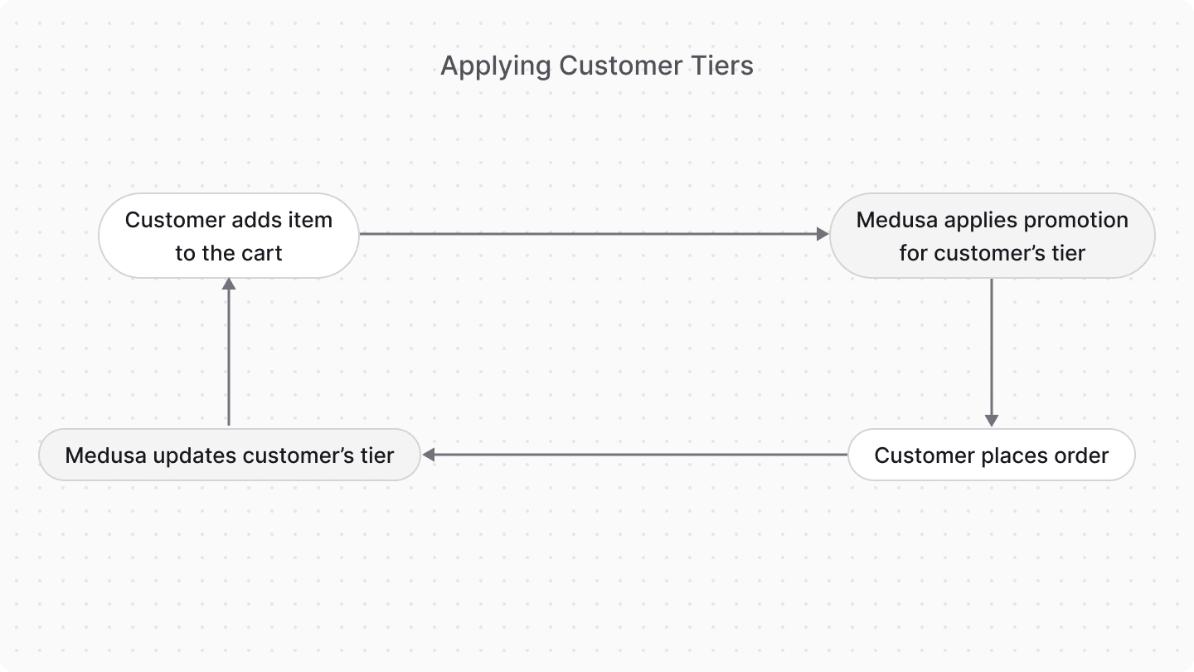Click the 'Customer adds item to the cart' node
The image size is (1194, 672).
pos(229,236)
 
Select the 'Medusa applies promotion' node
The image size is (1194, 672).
pos(992,236)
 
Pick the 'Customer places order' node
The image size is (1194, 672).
pos(991,455)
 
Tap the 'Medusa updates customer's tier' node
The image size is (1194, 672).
pos(229,455)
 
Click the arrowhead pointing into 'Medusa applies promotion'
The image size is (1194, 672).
pos(823,235)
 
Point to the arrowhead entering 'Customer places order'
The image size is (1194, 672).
pos(991,421)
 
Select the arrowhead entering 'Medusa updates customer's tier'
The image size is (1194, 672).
pos(429,455)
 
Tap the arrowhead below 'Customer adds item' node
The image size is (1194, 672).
pos(229,284)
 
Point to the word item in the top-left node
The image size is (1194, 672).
pos(312,220)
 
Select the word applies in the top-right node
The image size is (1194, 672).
pos(978,221)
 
